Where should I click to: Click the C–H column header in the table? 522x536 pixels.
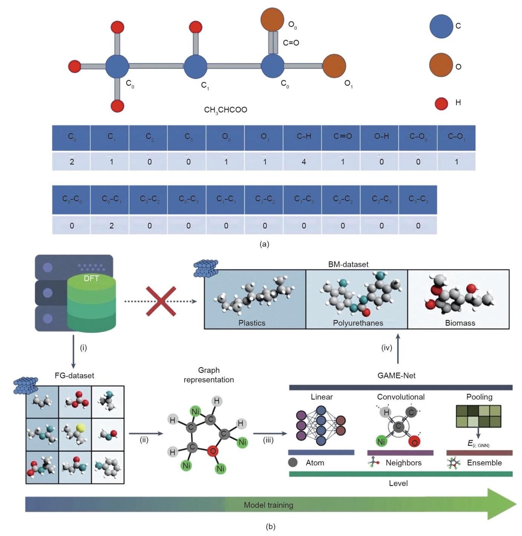pyautogui.click(x=304, y=137)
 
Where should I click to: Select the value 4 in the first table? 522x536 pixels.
pyautogui.click(x=304, y=162)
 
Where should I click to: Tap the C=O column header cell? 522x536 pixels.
pyautogui.click(x=342, y=137)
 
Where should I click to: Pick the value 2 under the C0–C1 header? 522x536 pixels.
pyautogui.click(x=111, y=226)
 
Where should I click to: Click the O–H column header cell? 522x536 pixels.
pyautogui.click(x=381, y=137)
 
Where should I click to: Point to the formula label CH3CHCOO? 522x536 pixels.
pyautogui.click(x=226, y=110)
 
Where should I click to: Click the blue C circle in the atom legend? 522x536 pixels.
pyautogui.click(x=441, y=26)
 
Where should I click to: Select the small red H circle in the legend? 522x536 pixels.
pyautogui.click(x=441, y=103)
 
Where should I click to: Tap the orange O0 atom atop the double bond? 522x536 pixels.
pyautogui.click(x=272, y=20)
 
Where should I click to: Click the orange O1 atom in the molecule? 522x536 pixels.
pyautogui.click(x=334, y=66)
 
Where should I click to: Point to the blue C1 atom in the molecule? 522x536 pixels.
pyautogui.click(x=195, y=67)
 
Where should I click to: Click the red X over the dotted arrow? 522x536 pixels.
pyautogui.click(x=161, y=301)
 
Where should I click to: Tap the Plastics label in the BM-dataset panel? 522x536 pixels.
pyautogui.click(x=252, y=323)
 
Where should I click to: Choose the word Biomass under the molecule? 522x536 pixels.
pyautogui.click(x=460, y=323)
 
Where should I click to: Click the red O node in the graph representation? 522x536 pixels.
pyautogui.click(x=213, y=451)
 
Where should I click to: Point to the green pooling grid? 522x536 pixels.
pyautogui.click(x=478, y=416)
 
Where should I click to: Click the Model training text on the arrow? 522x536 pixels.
pyautogui.click(x=268, y=505)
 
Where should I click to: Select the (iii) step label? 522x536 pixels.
pyautogui.click(x=268, y=440)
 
